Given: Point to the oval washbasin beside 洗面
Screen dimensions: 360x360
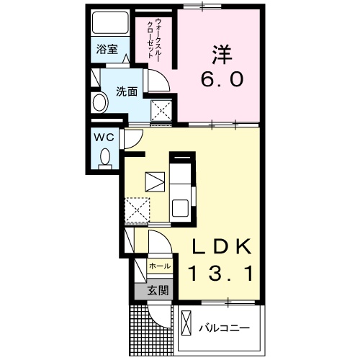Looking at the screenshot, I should (99, 103).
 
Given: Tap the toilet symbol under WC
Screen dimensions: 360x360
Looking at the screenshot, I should (105, 156).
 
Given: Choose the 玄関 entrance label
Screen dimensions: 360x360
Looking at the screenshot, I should (158, 291).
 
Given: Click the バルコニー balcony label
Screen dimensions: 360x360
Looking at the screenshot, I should (225, 328).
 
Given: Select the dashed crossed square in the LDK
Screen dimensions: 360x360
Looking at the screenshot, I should (136, 210).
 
